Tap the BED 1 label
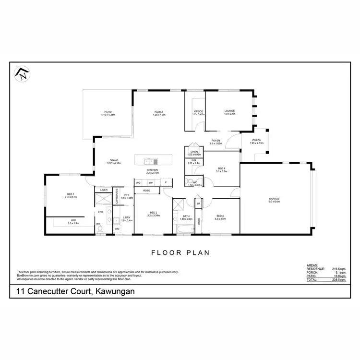point(70,195)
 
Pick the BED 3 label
point(220,216)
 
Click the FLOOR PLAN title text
point(180,252)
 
